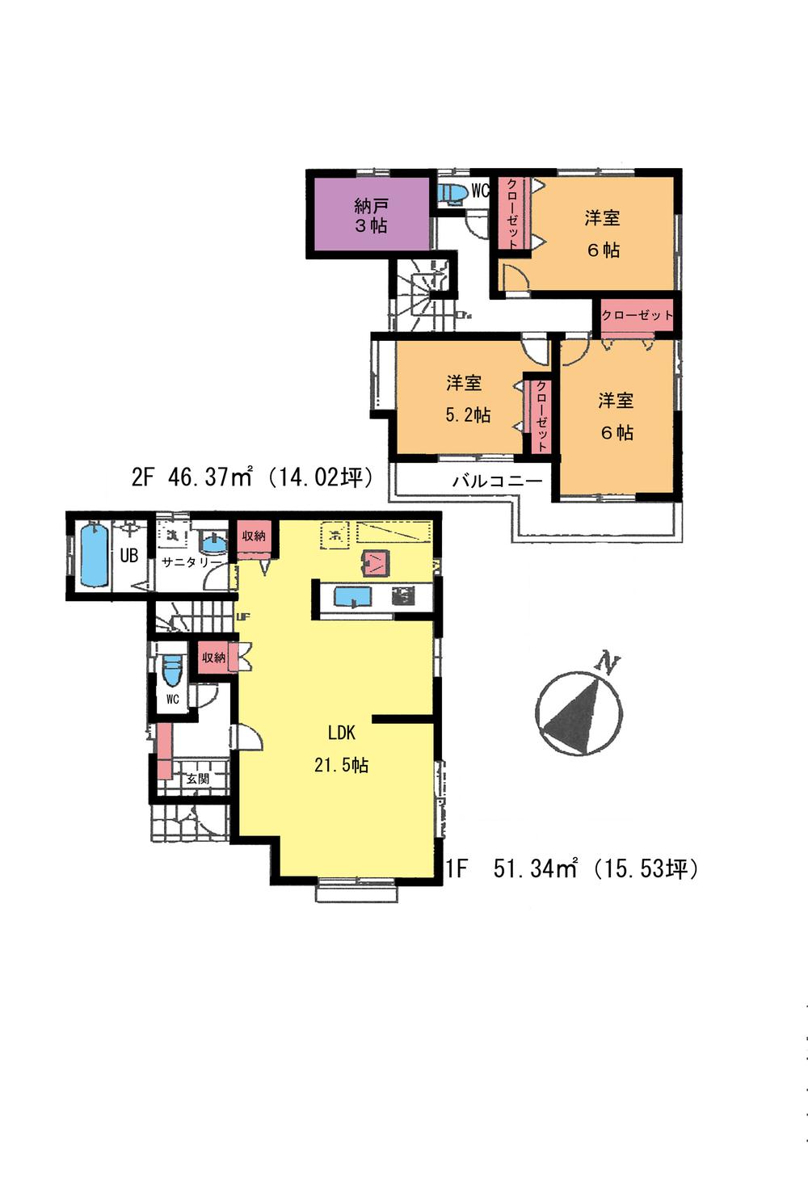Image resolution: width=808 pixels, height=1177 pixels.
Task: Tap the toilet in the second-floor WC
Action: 451,194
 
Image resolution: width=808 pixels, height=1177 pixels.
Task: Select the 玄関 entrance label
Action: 197,779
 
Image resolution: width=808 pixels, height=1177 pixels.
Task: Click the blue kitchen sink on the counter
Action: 353,598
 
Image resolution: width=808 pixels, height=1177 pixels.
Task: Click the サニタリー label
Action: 191,562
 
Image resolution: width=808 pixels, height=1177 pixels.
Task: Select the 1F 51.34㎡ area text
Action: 572,869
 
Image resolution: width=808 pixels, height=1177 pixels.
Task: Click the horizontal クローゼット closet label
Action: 637,315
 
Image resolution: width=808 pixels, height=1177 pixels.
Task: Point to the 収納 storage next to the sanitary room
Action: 254,537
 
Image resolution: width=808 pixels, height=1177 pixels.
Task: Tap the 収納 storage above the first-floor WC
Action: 215,658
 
